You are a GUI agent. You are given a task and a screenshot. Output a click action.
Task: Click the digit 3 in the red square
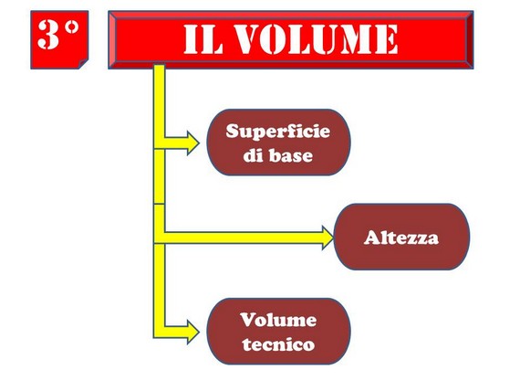pos(48,34)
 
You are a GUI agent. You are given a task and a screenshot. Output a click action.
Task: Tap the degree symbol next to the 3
pos(72,27)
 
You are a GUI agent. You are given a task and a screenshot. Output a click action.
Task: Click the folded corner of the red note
pos(83,64)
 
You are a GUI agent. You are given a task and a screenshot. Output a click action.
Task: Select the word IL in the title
pos(203,39)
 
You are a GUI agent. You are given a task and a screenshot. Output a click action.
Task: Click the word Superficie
pos(278,132)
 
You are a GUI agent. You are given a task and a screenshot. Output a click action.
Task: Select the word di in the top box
pos(253,155)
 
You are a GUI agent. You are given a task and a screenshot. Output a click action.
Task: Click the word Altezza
pos(401,238)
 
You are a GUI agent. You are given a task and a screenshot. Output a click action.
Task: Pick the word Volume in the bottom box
pos(278,320)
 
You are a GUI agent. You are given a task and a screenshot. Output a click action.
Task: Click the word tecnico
pos(278,344)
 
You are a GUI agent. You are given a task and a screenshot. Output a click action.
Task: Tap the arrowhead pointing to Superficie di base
pos(193,143)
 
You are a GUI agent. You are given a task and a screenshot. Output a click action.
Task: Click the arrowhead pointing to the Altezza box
pos(328,238)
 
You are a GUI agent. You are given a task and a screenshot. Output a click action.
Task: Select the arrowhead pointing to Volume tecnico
pos(193,332)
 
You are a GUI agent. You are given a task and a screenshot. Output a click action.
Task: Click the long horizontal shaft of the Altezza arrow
pos(243,238)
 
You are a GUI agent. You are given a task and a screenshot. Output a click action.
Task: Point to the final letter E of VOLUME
pos(388,39)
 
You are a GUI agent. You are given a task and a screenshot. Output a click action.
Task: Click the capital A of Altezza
pos(372,238)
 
